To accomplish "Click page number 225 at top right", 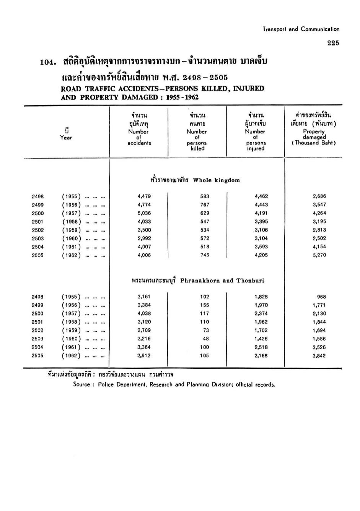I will pos(333,43).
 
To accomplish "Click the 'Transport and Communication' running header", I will pos(301,29).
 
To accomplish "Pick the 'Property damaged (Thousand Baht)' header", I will pos(314,137).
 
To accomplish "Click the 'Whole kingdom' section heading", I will pos(217,180).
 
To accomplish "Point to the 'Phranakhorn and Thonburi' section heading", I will pos(222,281).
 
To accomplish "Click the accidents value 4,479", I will pos(144,196).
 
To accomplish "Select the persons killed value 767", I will pos(205,205).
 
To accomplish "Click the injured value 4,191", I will pos(261,213).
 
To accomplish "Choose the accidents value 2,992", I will pos(144,238).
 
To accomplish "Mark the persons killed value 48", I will pos(206,339).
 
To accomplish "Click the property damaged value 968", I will pos(321,297).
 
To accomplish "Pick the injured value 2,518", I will pos(261,347).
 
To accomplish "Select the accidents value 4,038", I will pos(144,313).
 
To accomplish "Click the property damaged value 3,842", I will pos(319,355).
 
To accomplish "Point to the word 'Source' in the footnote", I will pos(81,384).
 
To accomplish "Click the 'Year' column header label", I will pos(66,138).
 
